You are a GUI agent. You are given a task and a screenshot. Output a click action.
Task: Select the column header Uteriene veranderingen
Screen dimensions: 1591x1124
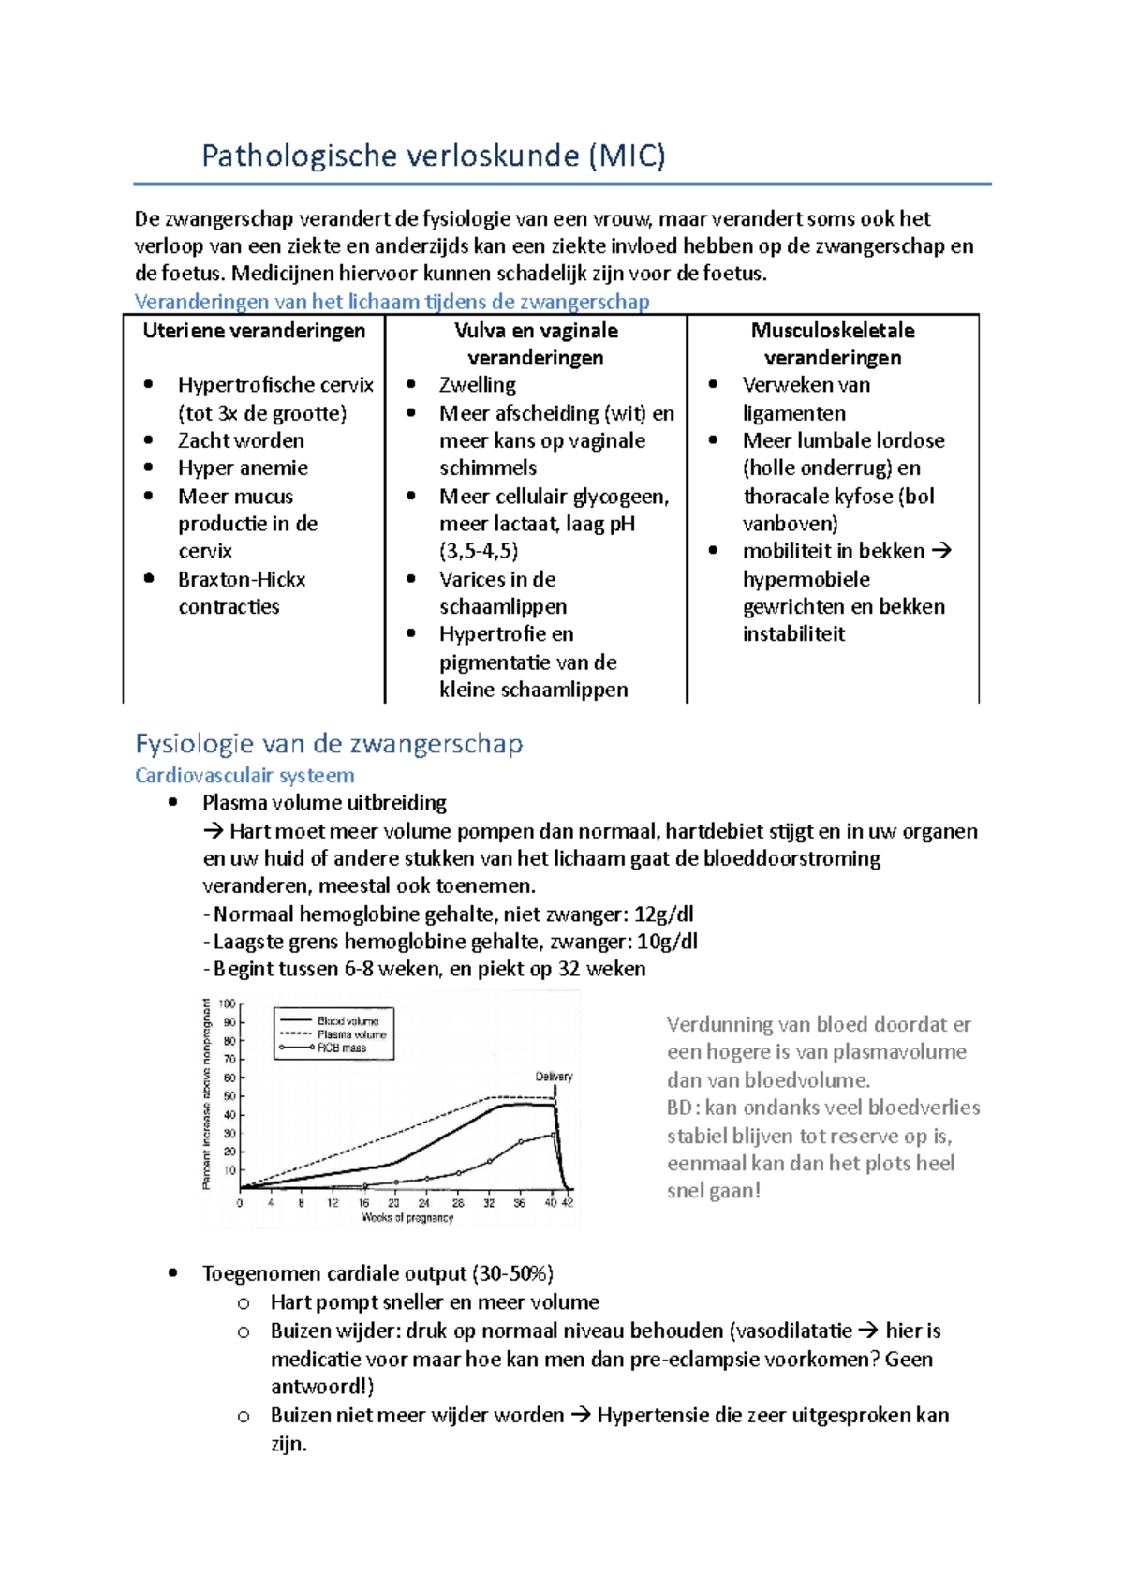coord(254,331)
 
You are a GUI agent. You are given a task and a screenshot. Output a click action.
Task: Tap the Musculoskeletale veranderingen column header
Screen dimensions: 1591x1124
coord(833,344)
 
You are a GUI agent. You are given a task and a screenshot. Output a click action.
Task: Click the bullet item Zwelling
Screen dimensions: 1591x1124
coord(477,385)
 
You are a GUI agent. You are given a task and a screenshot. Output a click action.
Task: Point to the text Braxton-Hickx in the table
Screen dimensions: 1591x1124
coord(242,579)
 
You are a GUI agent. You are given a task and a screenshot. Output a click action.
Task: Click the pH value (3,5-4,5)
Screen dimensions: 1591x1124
coord(479,551)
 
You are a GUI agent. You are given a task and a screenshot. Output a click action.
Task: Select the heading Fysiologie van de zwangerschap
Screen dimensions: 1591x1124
coord(329,744)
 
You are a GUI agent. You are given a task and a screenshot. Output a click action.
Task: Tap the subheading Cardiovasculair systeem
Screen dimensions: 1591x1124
coord(244,776)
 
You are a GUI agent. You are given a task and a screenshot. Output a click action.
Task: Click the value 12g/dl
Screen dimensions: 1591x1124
coord(664,914)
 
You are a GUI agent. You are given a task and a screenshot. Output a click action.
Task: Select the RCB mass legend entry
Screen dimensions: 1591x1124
coord(342,1048)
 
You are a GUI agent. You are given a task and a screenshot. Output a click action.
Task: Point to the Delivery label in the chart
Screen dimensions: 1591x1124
coord(554,1077)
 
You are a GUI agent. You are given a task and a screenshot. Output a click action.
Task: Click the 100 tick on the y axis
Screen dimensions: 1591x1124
coord(228,1004)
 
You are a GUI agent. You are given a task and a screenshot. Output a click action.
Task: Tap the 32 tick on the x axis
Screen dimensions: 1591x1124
coord(489,1203)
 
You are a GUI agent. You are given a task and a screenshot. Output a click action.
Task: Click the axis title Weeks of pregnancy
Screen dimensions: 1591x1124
coord(407,1218)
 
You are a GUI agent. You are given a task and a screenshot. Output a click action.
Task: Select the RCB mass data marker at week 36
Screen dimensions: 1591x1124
coord(521,1143)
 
